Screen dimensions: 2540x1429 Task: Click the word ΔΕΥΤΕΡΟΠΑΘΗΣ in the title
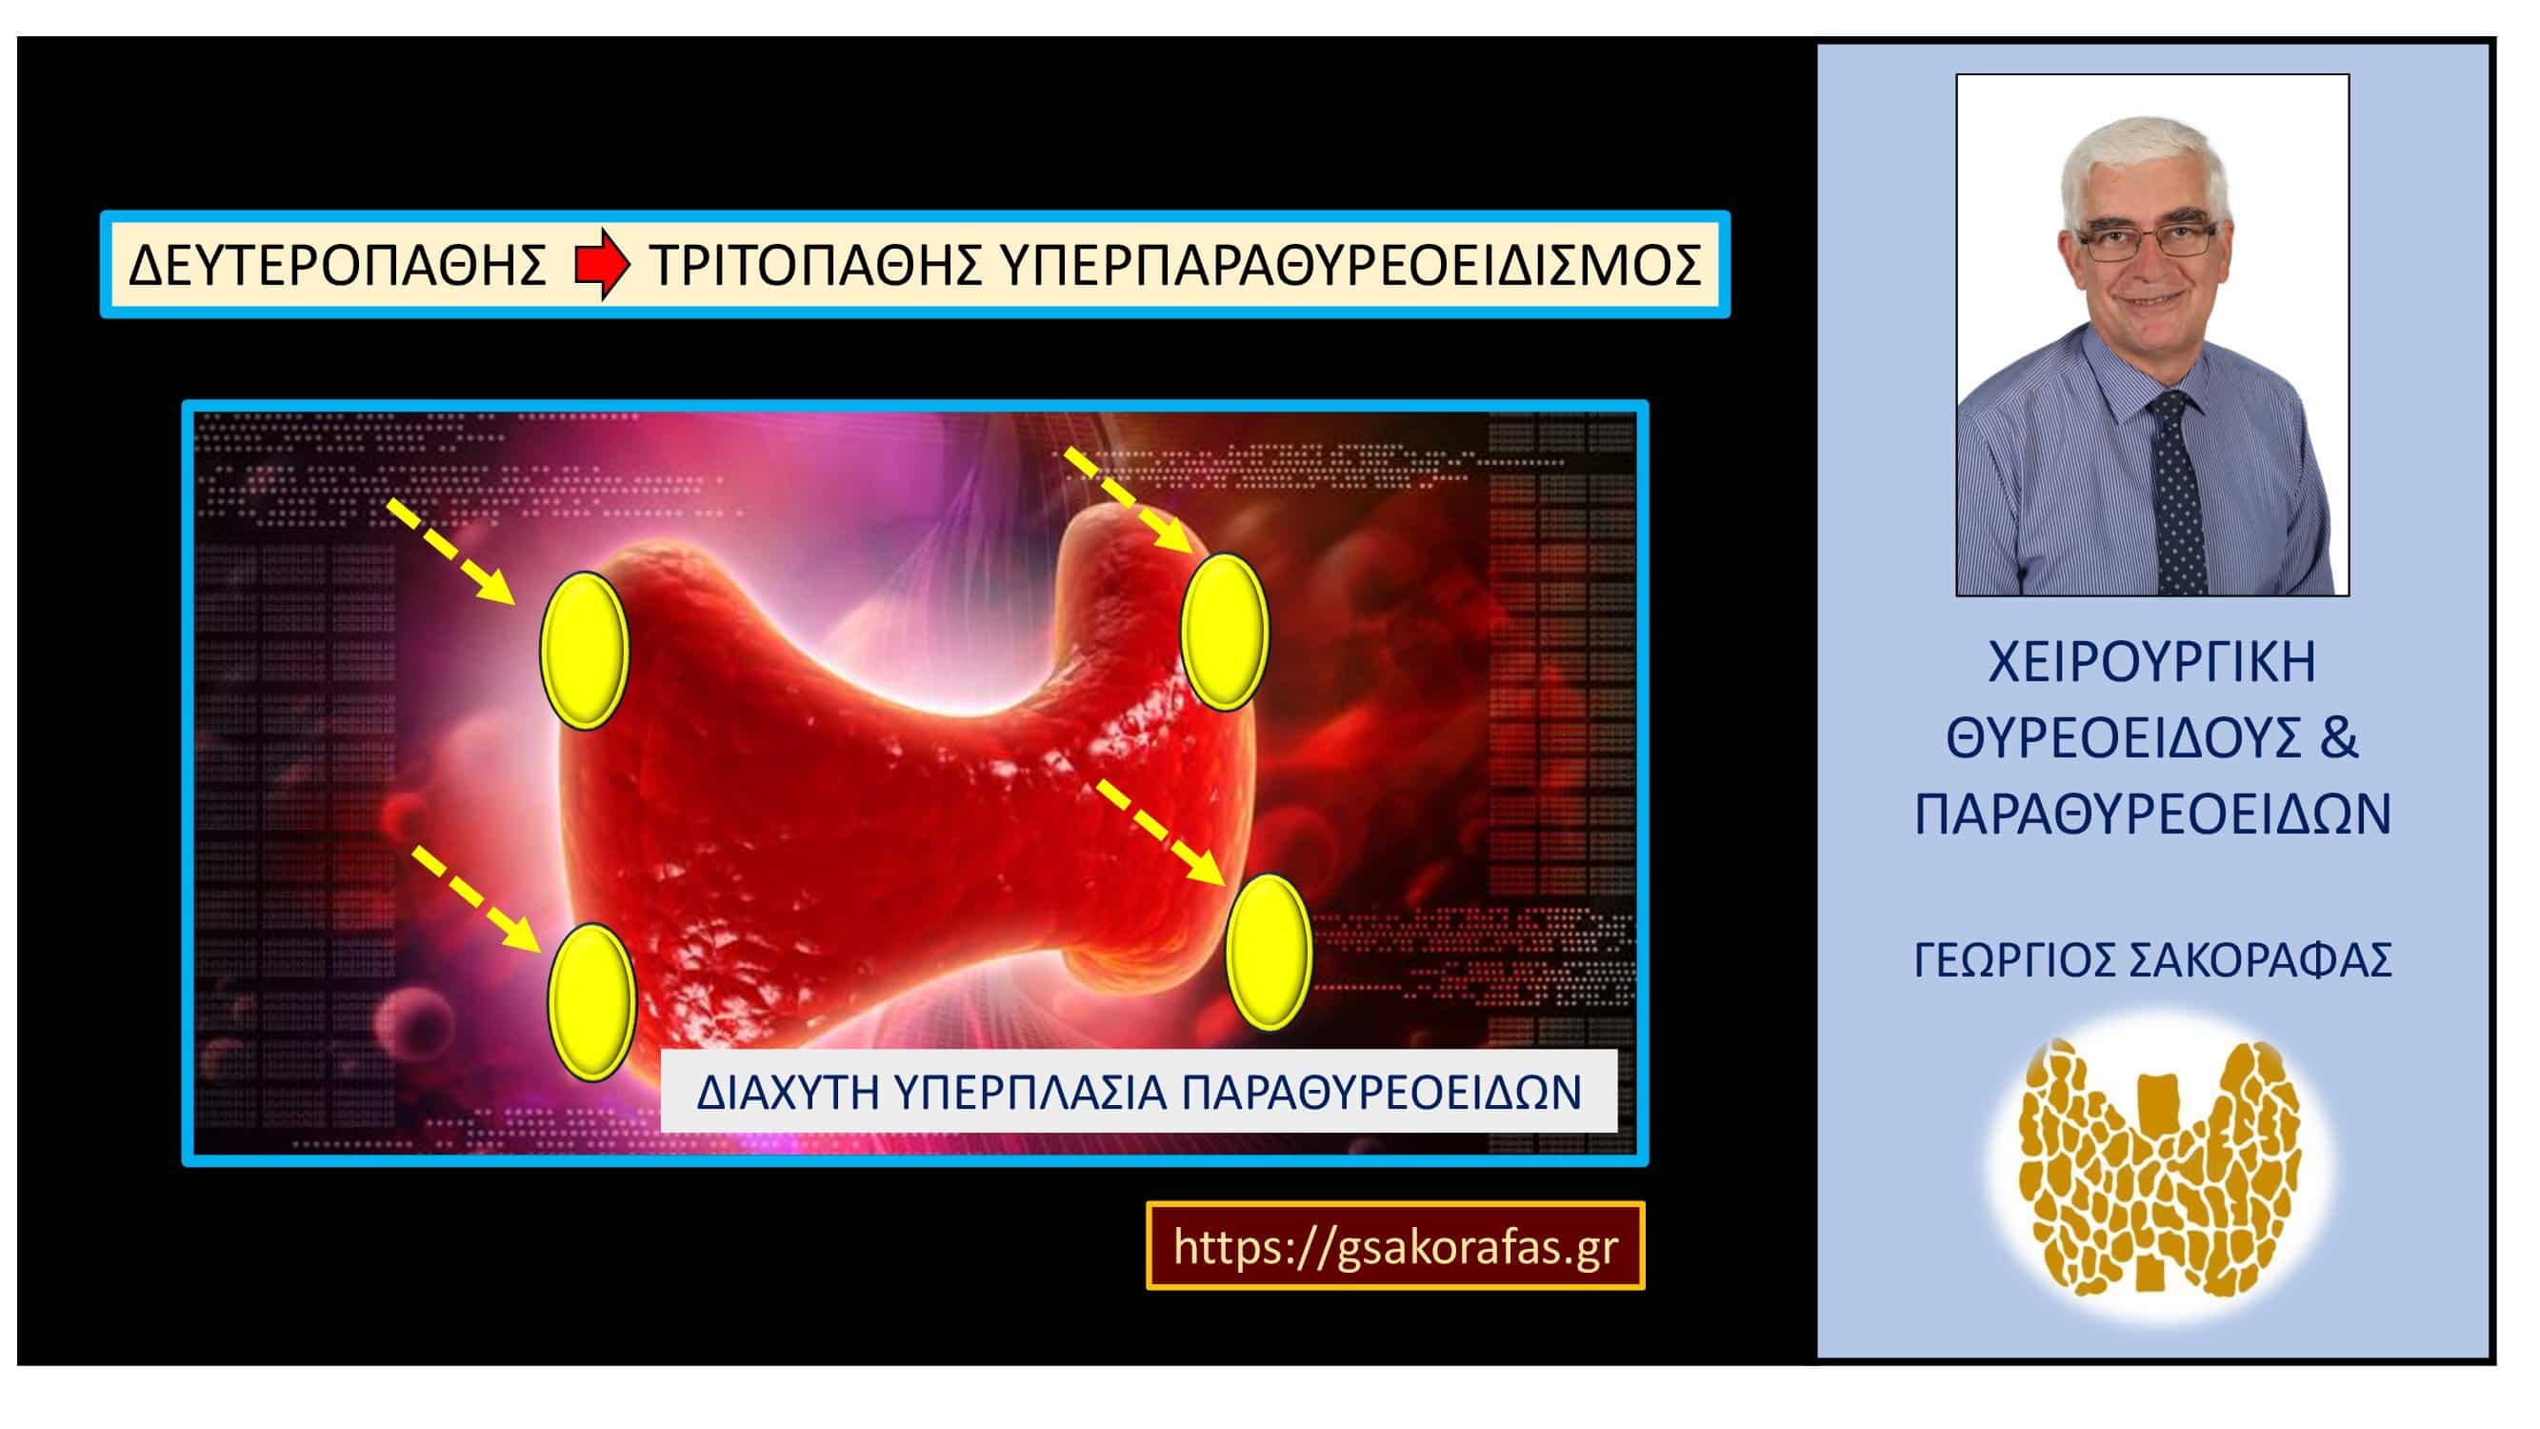[x=338, y=265]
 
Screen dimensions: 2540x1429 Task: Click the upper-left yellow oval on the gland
[x=584, y=651]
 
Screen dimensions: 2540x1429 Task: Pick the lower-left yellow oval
[x=591, y=1001]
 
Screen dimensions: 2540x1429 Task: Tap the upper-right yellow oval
[x=1225, y=633]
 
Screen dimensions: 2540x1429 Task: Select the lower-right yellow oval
[x=1269, y=953]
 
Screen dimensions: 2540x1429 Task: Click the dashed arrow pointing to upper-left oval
[x=450, y=550]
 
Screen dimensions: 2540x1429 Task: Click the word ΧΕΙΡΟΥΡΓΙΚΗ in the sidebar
[x=2151, y=662]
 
